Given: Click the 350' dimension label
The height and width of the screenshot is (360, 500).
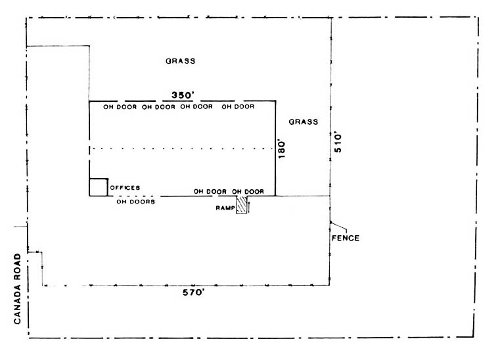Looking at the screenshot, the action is click(183, 95).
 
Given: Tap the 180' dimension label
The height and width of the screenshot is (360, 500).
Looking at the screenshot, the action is click(282, 148).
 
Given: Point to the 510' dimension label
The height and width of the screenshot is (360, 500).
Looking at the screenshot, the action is click(338, 143).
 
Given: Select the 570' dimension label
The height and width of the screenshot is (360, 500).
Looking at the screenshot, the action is click(193, 292).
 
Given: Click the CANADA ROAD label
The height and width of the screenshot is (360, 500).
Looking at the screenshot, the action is click(17, 289).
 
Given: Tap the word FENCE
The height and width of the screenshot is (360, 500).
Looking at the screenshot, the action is click(346, 238).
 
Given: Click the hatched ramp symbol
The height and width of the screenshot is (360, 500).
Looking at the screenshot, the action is click(242, 205).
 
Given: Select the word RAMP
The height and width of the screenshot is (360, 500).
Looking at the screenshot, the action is click(225, 208).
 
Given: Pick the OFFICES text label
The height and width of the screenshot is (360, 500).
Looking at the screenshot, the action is click(125, 188).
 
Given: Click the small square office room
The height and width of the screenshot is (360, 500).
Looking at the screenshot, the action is click(99, 187).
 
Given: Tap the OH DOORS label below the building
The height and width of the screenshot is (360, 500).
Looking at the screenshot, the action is click(136, 202).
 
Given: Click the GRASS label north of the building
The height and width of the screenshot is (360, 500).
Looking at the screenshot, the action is click(181, 61).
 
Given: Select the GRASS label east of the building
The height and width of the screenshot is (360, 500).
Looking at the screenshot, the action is click(304, 122).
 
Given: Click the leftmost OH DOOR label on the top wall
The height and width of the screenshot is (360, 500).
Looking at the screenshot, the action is click(120, 107).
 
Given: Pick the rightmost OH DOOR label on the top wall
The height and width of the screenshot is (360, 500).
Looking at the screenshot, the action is click(239, 107).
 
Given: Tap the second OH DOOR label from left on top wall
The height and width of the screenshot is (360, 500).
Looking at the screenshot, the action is click(158, 107).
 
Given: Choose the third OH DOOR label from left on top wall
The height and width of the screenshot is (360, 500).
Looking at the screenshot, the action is click(196, 107).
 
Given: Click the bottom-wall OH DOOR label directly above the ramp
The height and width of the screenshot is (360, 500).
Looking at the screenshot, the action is click(248, 192).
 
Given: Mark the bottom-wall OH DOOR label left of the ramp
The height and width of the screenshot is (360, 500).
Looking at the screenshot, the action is click(210, 192).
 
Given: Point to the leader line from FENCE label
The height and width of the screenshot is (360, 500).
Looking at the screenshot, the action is click(339, 226).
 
